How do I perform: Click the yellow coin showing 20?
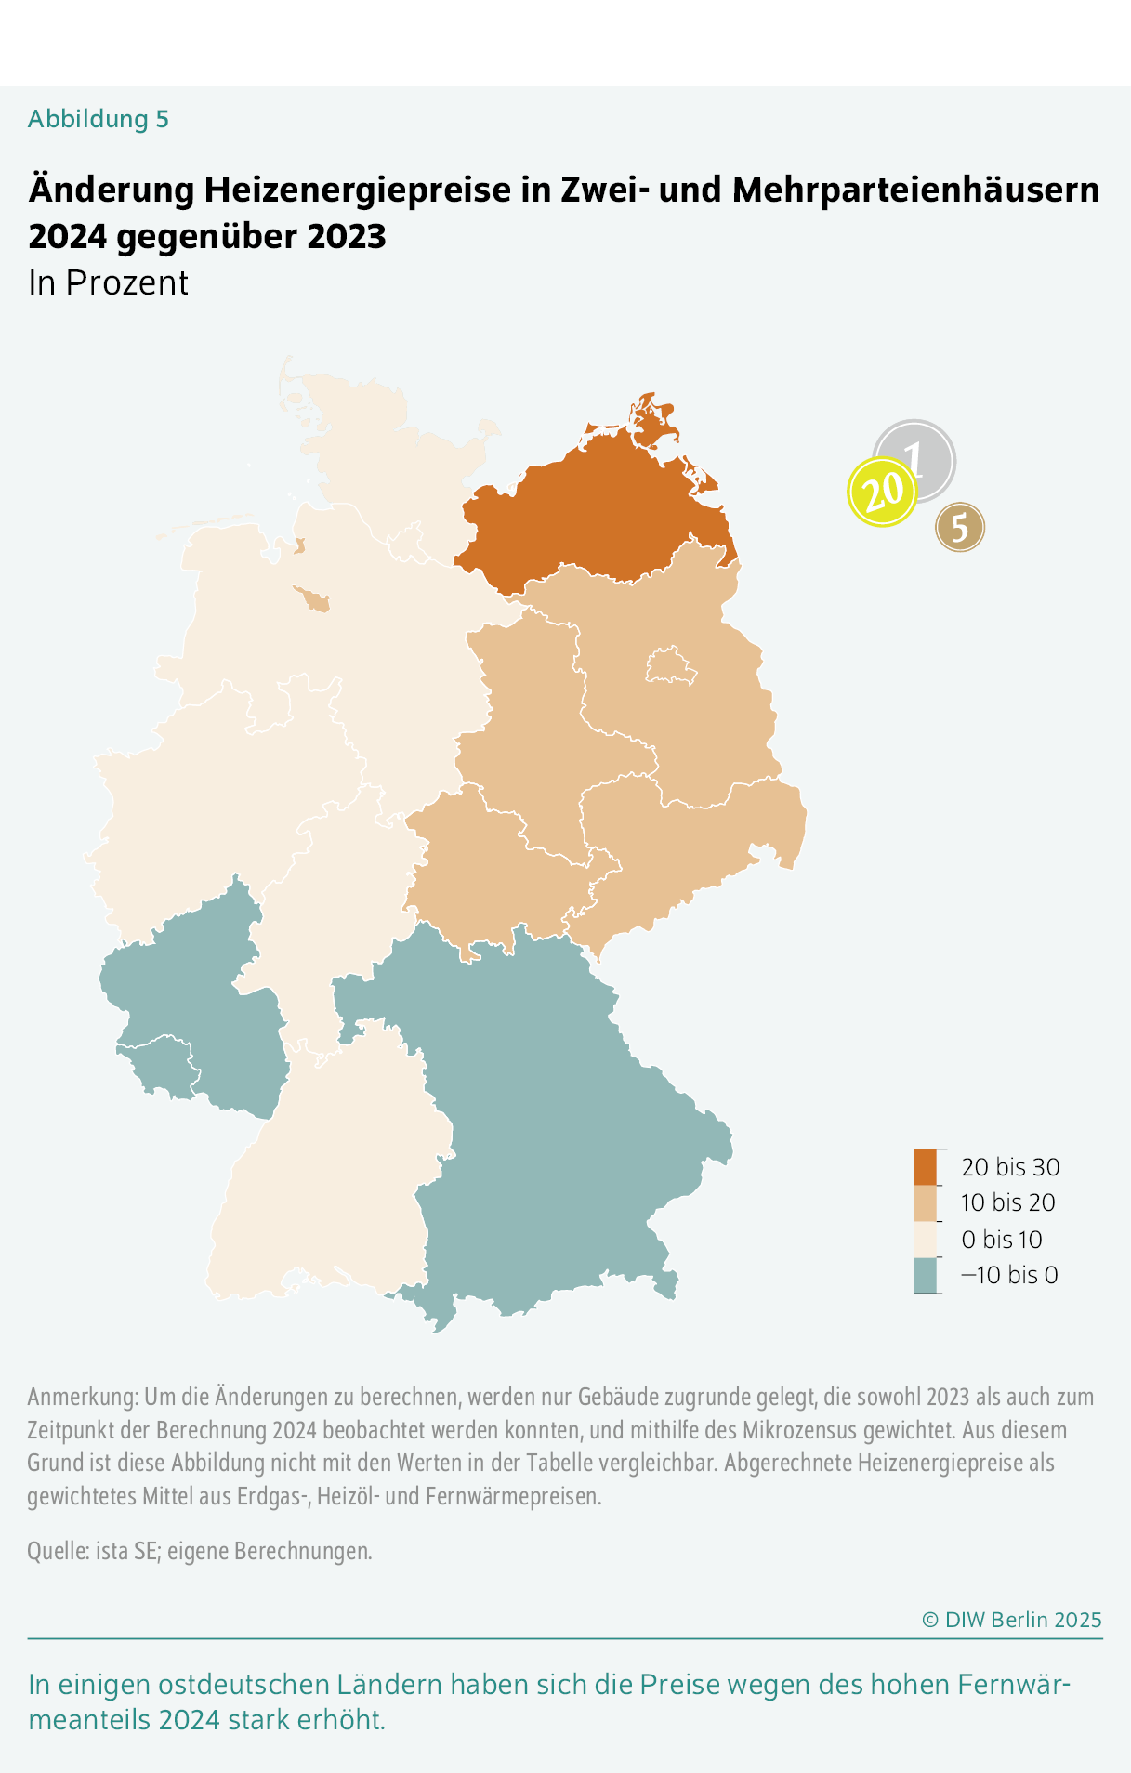coord(882,492)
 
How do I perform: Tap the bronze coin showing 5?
coord(960,527)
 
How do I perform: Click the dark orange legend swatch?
coord(926,1166)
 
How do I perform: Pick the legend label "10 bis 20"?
coord(1008,1202)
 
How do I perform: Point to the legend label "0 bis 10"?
coord(1002,1239)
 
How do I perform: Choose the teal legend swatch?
coord(926,1275)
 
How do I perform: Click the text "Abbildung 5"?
coord(99,119)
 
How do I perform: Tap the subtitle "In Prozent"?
coord(109,282)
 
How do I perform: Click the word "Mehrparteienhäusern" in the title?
coord(915,190)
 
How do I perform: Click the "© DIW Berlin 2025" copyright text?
coord(1011,1620)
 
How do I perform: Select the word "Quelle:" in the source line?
coord(59,1551)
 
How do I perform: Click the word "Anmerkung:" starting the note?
coord(83,1397)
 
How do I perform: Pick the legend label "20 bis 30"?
coord(1010,1167)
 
